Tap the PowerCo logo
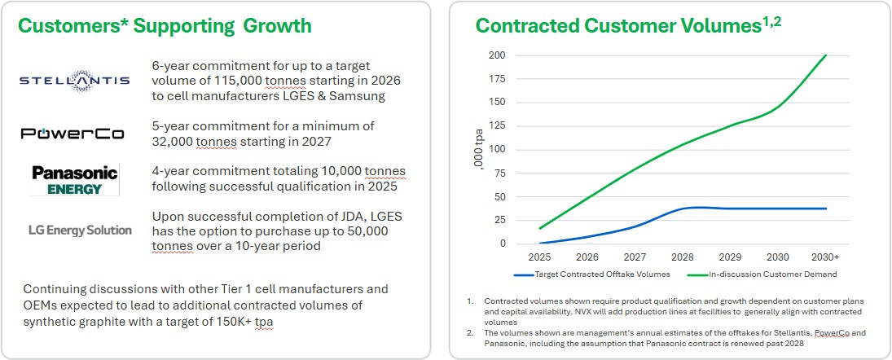(73, 134)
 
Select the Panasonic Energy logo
(74, 179)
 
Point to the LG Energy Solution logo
(79, 230)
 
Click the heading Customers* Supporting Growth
(165, 26)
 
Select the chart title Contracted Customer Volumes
(618, 26)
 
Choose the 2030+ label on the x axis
(826, 256)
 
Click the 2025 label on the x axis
(539, 256)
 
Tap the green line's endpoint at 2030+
(826, 55)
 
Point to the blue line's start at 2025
(539, 243)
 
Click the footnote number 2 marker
(470, 333)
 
